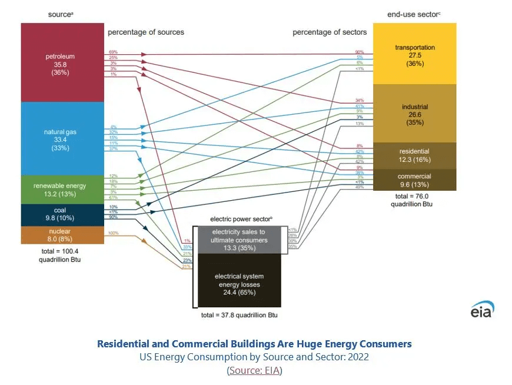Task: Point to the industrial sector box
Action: tap(415, 114)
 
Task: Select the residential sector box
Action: tap(415, 155)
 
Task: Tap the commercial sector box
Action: tap(415, 180)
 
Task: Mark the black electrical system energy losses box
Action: tap(239, 280)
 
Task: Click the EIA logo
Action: tap(482, 310)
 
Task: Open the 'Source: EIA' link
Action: tap(255, 370)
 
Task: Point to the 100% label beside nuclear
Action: tap(112, 234)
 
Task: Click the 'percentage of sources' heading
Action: tap(145, 32)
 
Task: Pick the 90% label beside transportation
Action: tap(360, 52)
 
